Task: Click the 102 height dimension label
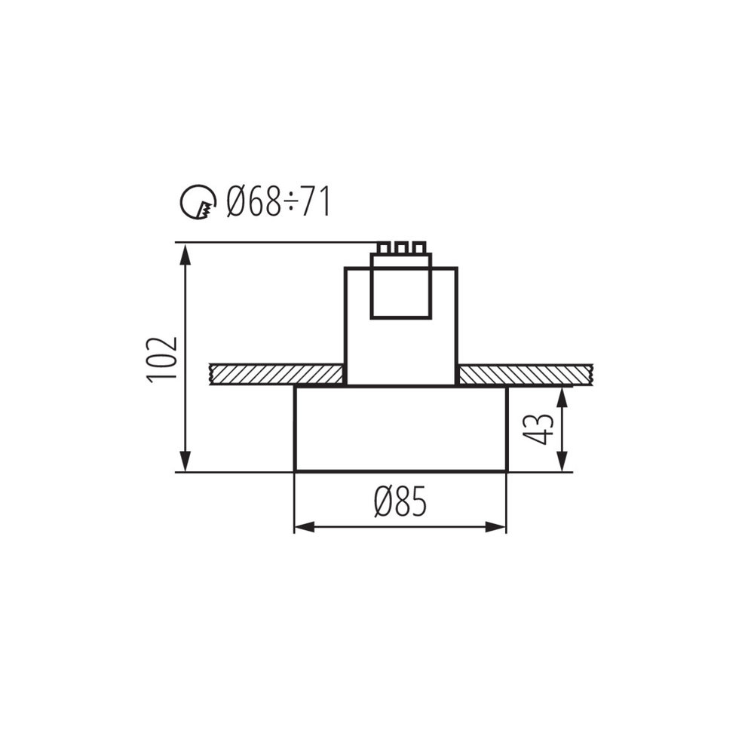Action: pyautogui.click(x=163, y=358)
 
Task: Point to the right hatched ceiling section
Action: pyautogui.click(x=526, y=373)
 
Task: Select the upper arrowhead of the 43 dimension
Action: pyautogui.click(x=562, y=397)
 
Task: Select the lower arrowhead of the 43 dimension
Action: pyautogui.click(x=562, y=461)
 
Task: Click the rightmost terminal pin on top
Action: pyautogui.click(x=419, y=247)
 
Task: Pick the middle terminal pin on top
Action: pyautogui.click(x=402, y=247)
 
